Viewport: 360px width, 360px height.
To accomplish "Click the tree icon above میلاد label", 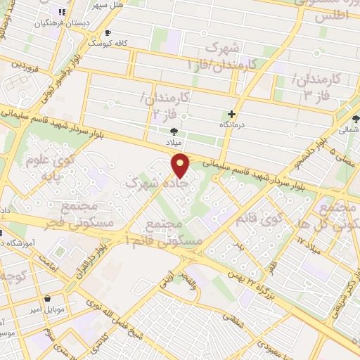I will [x=174, y=131].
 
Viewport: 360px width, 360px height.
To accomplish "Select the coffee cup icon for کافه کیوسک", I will [x=107, y=32].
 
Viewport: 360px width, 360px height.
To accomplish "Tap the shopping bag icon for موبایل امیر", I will [x=46, y=298].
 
